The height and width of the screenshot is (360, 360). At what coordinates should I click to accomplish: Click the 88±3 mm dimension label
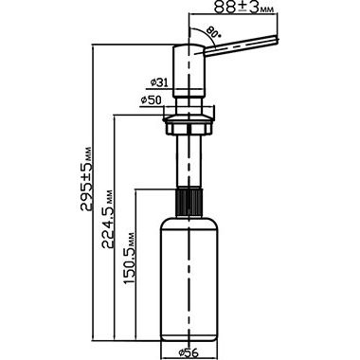243,7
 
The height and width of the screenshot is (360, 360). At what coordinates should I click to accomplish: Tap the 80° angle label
214,32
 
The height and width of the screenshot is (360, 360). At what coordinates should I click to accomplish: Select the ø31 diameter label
158,82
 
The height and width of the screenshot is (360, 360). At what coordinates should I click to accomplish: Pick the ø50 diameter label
151,100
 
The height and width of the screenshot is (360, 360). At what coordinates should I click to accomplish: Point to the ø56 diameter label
189,352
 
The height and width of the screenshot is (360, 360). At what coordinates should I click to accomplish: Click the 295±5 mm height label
86,179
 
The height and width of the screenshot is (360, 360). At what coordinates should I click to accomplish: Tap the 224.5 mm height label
107,219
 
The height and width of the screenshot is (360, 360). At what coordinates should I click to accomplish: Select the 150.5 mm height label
129,259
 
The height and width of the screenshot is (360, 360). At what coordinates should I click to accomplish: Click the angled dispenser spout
242,45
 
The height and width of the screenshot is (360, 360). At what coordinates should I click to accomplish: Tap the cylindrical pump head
189,71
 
